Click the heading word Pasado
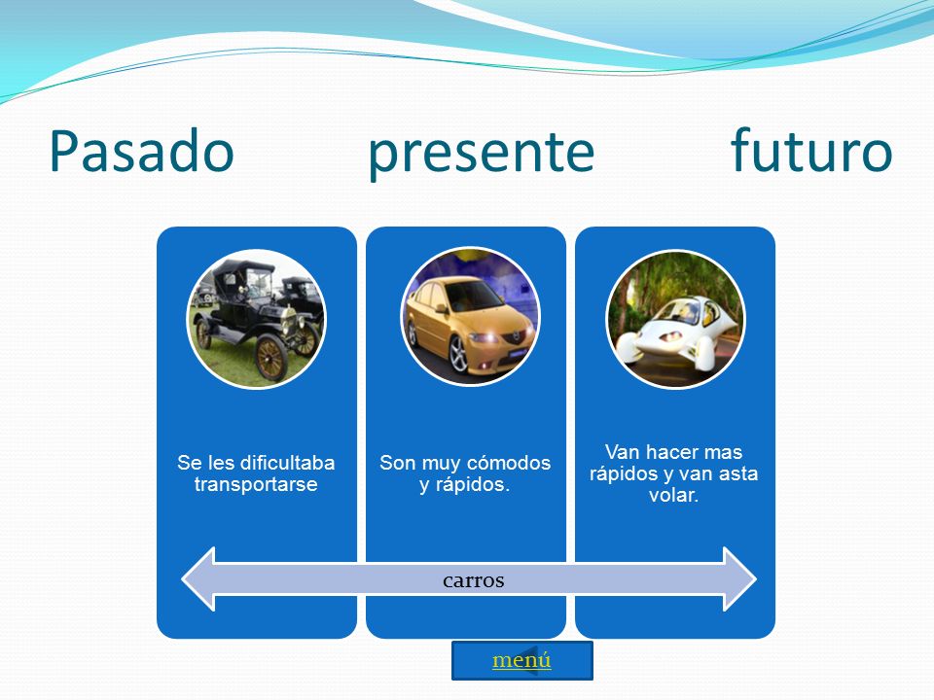click(x=141, y=152)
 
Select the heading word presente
click(x=482, y=154)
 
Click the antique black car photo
click(x=256, y=319)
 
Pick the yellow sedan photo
click(x=471, y=317)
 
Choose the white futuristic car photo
click(x=675, y=319)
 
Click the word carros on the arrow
click(x=474, y=580)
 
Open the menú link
click(x=521, y=660)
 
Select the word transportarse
click(x=256, y=484)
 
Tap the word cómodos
click(x=508, y=463)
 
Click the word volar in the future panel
click(x=673, y=495)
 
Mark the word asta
click(x=739, y=473)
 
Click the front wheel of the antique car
click(x=271, y=358)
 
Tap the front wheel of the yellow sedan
click(x=458, y=356)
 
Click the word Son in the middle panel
click(x=398, y=463)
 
